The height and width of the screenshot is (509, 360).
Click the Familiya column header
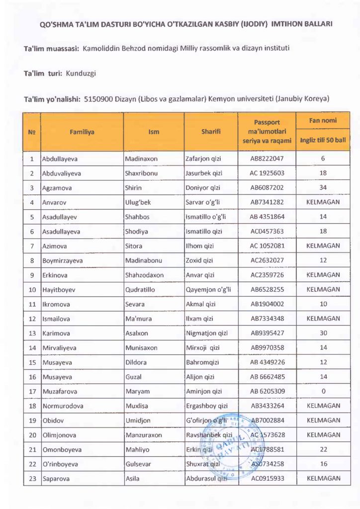(x=82, y=132)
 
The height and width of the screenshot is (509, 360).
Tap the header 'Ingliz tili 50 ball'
(x=323, y=140)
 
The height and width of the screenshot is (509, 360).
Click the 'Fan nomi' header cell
(x=323, y=121)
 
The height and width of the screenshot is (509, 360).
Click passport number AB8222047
(x=267, y=159)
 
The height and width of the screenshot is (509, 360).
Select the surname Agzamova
(x=56, y=188)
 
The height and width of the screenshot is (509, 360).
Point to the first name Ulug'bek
(x=138, y=202)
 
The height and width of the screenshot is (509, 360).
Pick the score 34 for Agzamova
(x=323, y=188)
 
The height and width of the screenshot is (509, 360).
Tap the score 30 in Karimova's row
(x=323, y=333)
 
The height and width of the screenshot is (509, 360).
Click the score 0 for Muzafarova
(x=323, y=391)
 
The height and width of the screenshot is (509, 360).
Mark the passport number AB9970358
(x=267, y=348)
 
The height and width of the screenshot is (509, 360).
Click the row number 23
(x=32, y=479)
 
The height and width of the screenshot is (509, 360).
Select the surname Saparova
(x=56, y=479)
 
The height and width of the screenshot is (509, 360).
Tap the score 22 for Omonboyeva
(x=323, y=449)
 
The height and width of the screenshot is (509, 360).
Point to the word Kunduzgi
(x=81, y=74)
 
